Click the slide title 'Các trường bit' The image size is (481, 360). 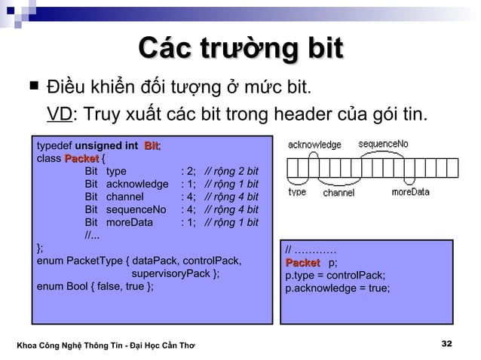(x=240, y=50)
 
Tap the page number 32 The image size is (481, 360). (x=446, y=343)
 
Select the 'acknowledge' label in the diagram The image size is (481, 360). (x=314, y=144)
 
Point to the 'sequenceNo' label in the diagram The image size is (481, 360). (x=382, y=143)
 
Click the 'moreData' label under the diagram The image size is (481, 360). (x=410, y=192)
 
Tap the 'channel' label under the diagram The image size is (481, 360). (x=339, y=193)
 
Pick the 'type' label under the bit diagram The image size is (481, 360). (x=297, y=192)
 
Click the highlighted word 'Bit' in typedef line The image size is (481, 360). (x=152, y=145)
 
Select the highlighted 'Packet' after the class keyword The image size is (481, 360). (x=81, y=158)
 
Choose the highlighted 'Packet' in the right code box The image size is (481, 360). (x=302, y=262)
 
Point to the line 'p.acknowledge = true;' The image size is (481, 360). (x=337, y=288)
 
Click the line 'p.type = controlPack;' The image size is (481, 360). (x=335, y=275)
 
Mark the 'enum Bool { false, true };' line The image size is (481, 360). (x=95, y=287)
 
